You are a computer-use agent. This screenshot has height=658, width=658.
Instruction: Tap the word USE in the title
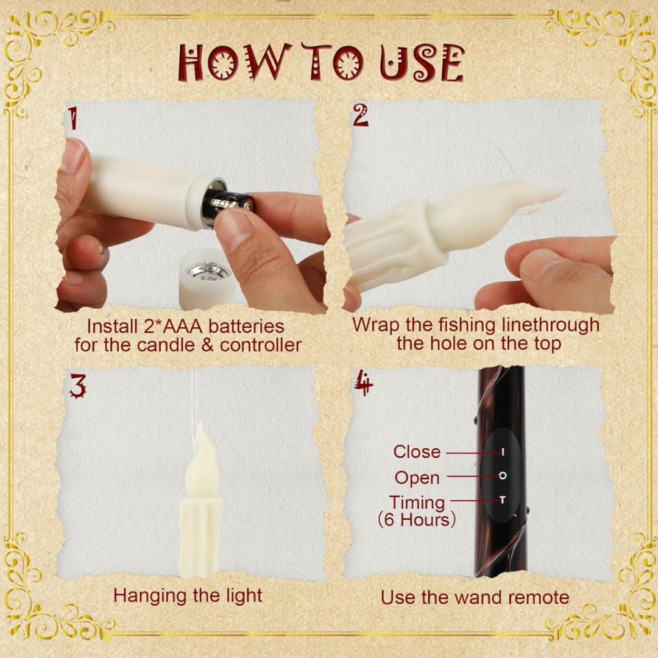[x=422, y=63]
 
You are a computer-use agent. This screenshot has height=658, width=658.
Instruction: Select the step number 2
[x=361, y=116]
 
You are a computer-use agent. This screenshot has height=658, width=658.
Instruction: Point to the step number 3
[x=77, y=386]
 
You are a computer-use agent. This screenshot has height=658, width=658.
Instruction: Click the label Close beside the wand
[x=416, y=452]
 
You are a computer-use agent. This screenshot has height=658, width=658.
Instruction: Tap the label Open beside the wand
[x=417, y=478]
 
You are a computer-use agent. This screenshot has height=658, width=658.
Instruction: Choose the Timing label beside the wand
[x=417, y=503]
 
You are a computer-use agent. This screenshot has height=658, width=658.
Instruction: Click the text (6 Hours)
[x=417, y=520]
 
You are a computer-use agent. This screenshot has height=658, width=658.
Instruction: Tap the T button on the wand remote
[x=503, y=500]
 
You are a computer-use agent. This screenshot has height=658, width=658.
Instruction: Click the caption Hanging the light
[x=188, y=595]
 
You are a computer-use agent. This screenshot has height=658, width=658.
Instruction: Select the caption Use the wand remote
[x=475, y=597]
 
